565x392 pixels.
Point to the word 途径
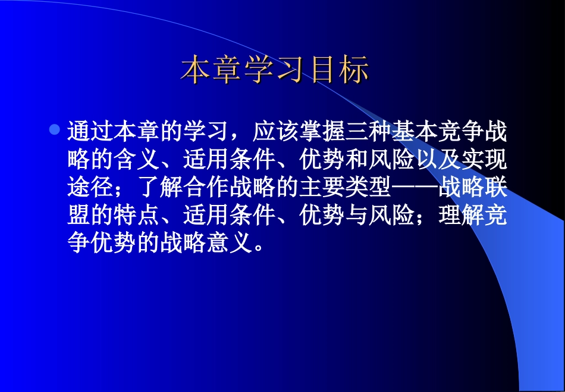click(90, 188)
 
